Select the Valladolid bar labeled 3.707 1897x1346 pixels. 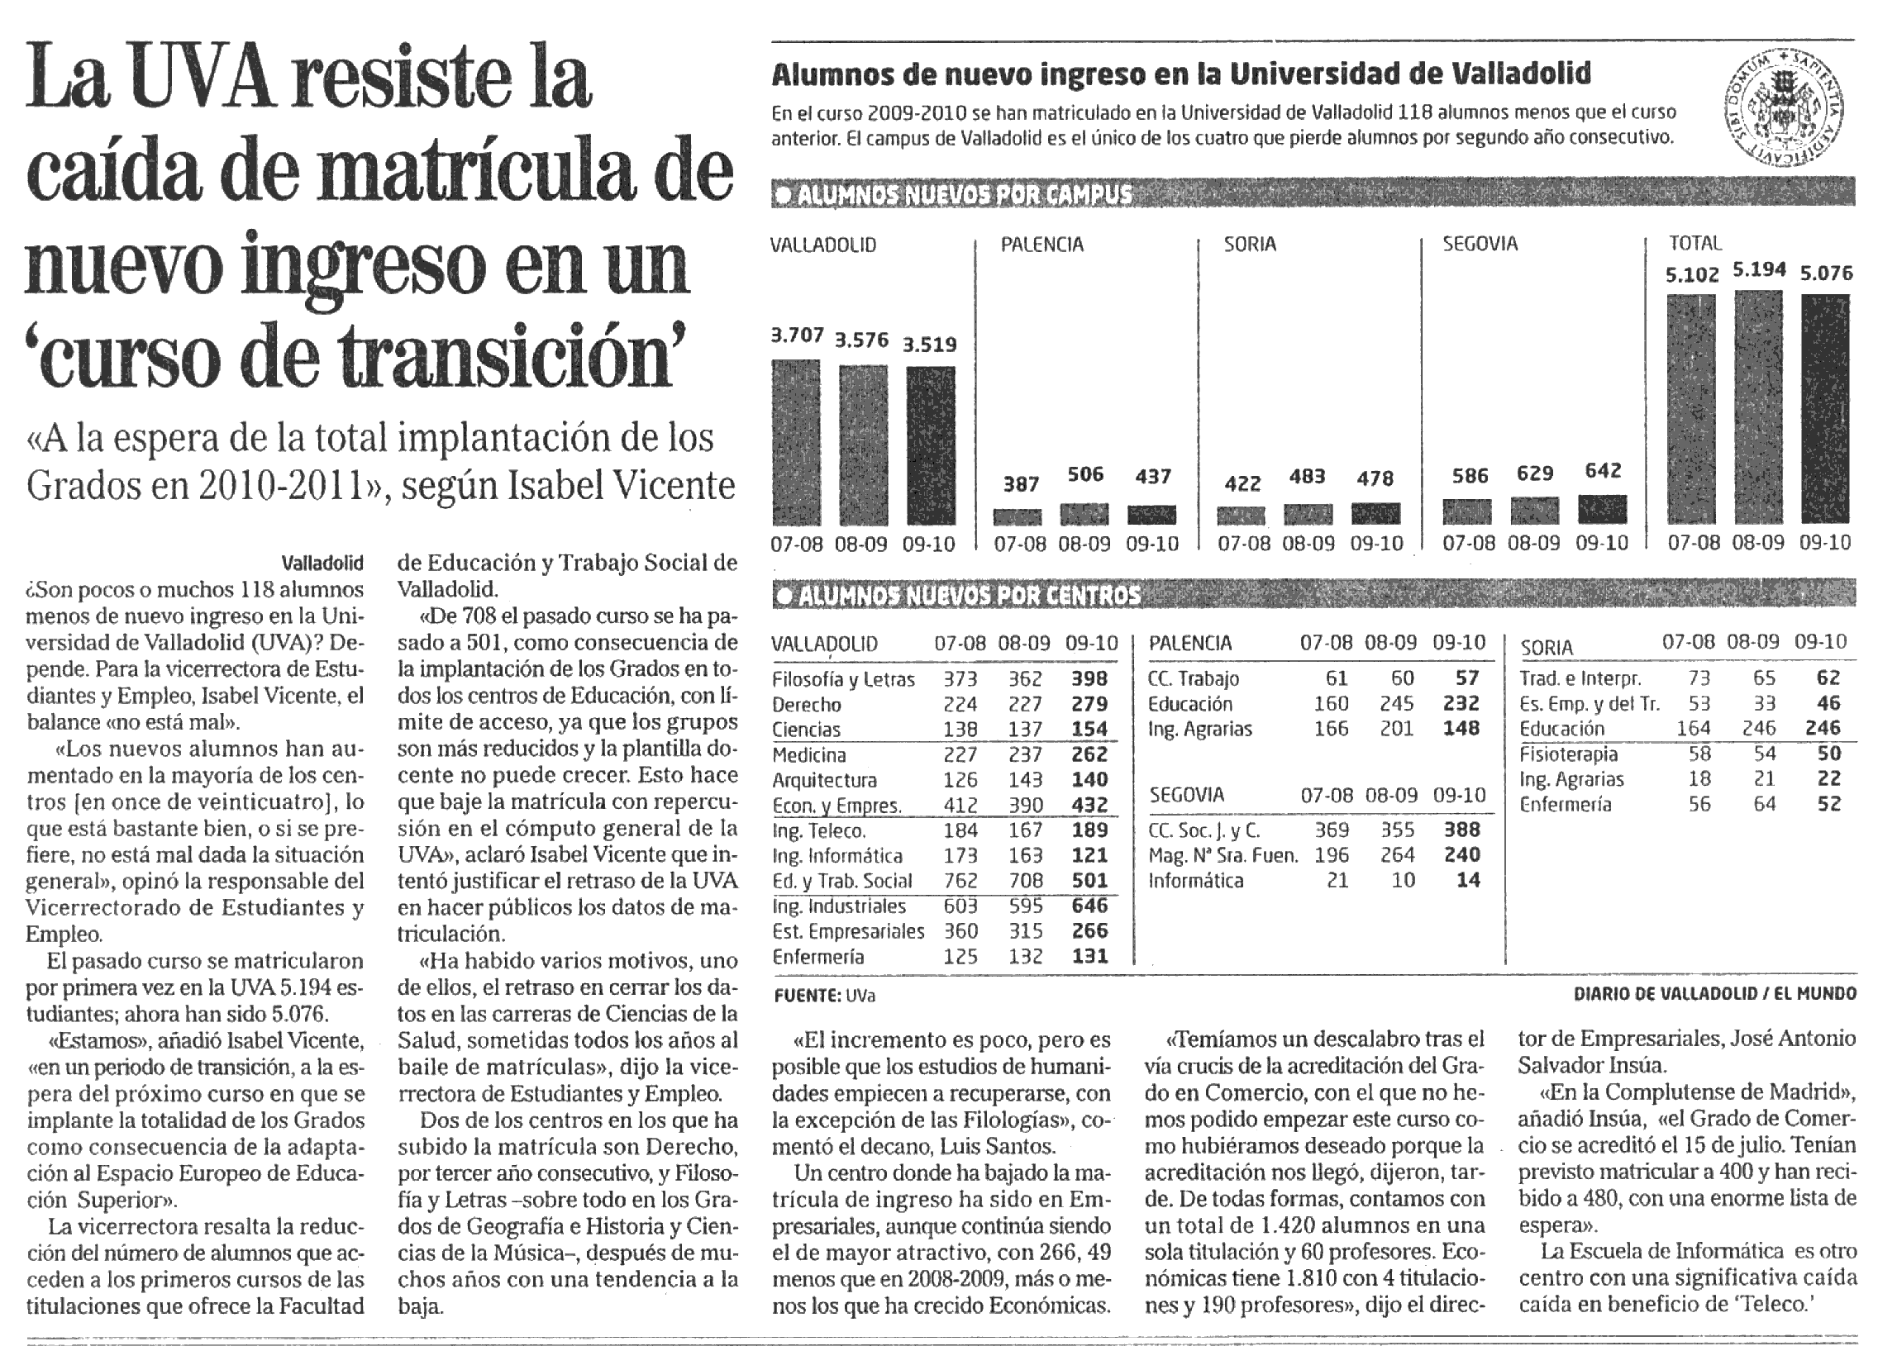tap(796, 442)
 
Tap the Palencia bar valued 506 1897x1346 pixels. tap(1084, 514)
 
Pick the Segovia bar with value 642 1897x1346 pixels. tap(1602, 510)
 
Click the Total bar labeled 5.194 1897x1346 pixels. tap(1757, 408)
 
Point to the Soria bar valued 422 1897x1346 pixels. tap(1242, 516)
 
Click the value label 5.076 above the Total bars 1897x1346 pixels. tap(1826, 273)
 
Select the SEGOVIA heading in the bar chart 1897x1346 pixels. tap(1480, 244)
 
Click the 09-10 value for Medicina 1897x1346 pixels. tap(1089, 754)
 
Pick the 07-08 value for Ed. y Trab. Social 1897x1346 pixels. tap(960, 880)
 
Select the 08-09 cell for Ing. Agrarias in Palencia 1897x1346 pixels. tap(1396, 729)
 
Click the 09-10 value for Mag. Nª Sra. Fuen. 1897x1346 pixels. tap(1461, 854)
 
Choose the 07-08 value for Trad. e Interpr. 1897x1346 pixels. tap(1699, 678)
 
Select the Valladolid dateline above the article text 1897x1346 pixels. tap(322, 564)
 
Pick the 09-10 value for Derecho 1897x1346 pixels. tap(1089, 705)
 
